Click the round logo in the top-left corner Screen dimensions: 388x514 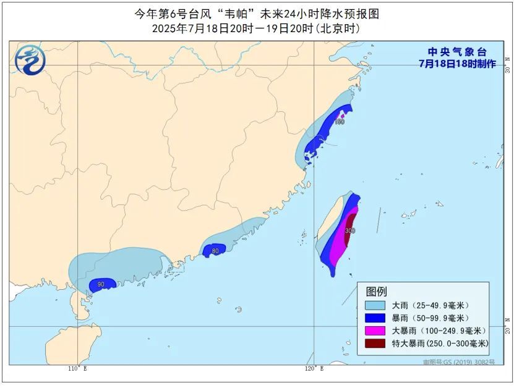30,60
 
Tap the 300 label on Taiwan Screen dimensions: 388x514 350,230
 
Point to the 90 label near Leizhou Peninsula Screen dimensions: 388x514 101,284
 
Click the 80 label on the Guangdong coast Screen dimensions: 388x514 215,251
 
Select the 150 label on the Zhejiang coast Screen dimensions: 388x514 339,122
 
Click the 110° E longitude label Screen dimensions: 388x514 77,369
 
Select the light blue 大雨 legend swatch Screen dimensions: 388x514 375,305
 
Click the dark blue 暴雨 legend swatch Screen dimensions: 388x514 375,318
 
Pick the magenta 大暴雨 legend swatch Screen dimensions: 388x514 375,331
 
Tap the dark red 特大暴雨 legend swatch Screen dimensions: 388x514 375,344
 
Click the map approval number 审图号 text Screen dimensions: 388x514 458,362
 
